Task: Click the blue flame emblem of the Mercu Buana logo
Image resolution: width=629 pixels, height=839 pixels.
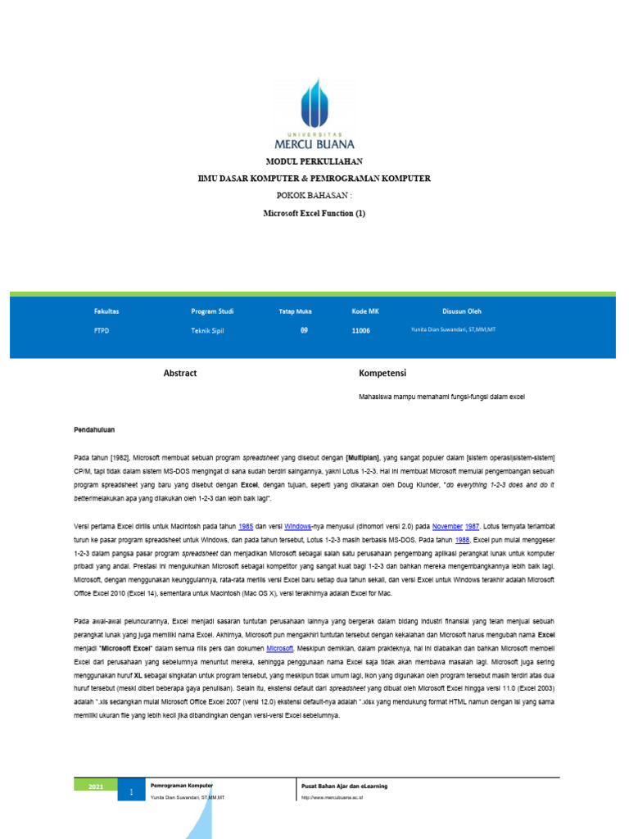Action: [x=314, y=102]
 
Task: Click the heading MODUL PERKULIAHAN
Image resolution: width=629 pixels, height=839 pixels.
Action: [x=314, y=161]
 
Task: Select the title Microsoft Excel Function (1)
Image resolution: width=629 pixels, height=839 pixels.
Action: [x=314, y=213]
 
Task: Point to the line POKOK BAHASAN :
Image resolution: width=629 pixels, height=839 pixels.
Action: [x=314, y=196]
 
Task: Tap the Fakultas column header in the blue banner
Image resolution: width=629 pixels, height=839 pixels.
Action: [x=106, y=311]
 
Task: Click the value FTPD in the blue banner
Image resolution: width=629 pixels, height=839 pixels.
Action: [x=102, y=331]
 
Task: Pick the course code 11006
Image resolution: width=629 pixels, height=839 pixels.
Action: [x=360, y=331]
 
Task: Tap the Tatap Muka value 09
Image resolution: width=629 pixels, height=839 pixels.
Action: [x=304, y=330]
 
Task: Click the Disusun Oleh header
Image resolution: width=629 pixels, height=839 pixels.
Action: [x=462, y=311]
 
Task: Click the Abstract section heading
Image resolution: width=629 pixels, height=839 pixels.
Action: [x=180, y=373]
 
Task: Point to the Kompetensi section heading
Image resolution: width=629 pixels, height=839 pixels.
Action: [x=382, y=373]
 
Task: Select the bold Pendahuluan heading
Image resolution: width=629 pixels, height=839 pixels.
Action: [x=93, y=429]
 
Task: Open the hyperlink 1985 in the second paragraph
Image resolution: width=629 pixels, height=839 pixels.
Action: [x=245, y=528]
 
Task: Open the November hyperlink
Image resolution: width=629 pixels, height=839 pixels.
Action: [x=447, y=528]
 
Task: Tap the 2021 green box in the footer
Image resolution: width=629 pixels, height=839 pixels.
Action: [x=96, y=787]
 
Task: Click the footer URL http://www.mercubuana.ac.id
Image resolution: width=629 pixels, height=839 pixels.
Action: [x=332, y=797]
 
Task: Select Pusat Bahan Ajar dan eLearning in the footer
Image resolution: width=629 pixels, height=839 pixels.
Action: [x=344, y=786]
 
